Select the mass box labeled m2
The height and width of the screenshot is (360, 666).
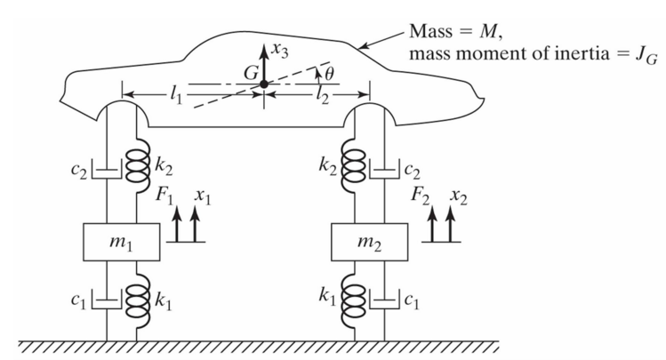(369, 243)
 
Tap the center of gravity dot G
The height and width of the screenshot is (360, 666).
(265, 84)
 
